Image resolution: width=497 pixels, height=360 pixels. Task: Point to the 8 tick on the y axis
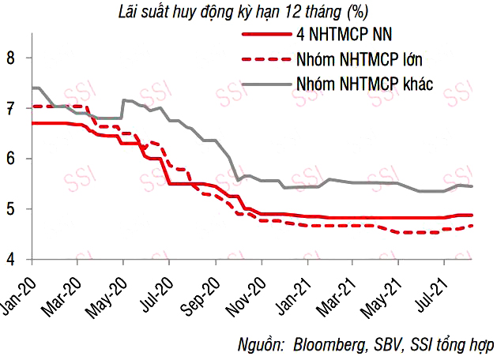click(10, 58)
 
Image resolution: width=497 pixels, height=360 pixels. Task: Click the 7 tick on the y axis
click(10, 108)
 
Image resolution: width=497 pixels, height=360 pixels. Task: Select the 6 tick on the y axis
click(10, 159)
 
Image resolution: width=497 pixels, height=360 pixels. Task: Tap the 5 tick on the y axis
click(10, 209)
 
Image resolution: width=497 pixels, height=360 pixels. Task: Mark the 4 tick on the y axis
click(10, 260)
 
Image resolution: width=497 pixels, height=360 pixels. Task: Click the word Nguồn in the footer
click(261, 345)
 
